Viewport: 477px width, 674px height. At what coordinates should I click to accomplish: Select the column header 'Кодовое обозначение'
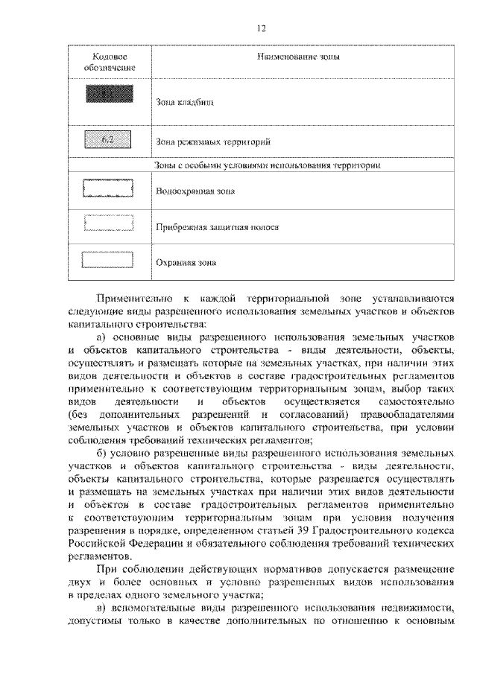(x=110, y=63)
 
